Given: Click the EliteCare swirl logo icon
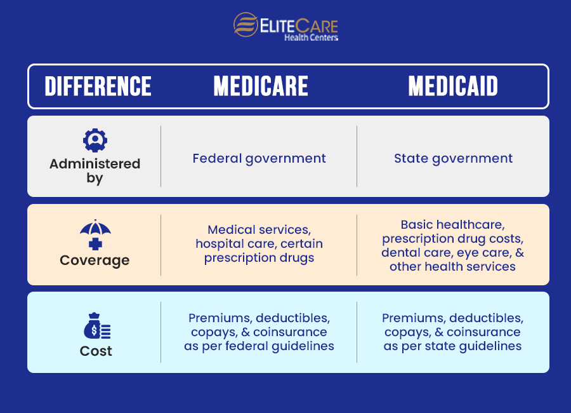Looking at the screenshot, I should click(246, 25).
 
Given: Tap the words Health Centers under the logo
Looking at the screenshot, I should click(311, 37).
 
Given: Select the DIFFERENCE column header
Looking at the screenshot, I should click(98, 86).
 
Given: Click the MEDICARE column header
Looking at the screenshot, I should click(261, 86).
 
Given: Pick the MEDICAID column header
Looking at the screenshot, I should click(453, 86).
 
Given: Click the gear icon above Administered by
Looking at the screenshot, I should click(95, 140).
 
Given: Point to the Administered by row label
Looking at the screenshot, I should click(95, 171).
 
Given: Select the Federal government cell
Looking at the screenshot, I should click(259, 158).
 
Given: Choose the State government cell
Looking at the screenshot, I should click(453, 158).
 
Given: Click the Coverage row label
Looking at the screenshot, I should click(95, 260).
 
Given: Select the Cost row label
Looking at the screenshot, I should click(96, 351).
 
